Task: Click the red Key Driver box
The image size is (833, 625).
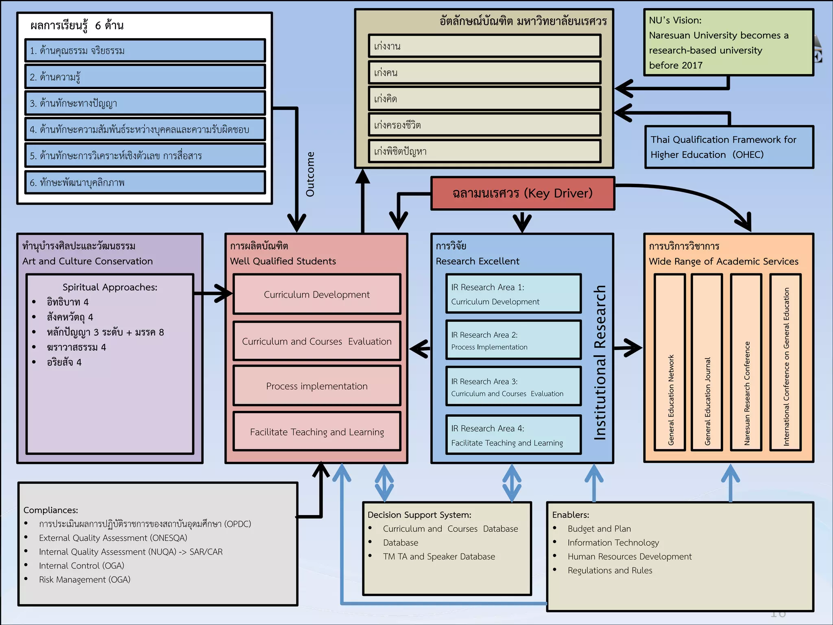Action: coord(523,193)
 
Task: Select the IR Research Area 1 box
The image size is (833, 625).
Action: coord(513,294)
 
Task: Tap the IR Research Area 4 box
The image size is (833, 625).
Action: coord(513,435)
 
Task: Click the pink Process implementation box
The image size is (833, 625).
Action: coord(317,386)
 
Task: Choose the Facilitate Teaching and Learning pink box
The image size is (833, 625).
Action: coord(317,432)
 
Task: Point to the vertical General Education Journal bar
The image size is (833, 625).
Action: coord(707,362)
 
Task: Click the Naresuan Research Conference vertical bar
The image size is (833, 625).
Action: coord(746,362)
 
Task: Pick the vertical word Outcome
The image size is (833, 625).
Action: coord(310,174)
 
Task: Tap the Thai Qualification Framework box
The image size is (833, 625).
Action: coord(729,147)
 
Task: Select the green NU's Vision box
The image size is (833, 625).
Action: coord(728,43)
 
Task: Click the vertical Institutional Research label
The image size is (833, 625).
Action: coord(600,362)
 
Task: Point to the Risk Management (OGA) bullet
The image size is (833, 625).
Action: coord(85,579)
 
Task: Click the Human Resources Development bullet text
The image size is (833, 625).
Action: coord(629,556)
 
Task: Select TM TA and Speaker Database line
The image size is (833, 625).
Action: coord(439,556)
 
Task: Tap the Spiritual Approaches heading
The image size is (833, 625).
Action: coord(110,287)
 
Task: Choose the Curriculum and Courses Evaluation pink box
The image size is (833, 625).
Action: coord(317,341)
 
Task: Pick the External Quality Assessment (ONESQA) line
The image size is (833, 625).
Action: coord(113,538)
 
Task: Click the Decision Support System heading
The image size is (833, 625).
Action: coord(419,515)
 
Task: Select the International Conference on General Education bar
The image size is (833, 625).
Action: coord(785,362)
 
